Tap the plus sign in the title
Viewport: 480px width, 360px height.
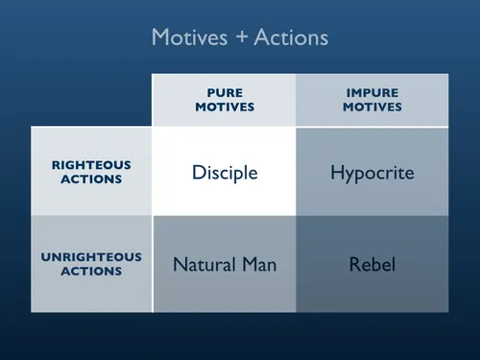(x=236, y=38)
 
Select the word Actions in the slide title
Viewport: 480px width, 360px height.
(x=288, y=37)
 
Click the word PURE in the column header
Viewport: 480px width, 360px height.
(x=225, y=93)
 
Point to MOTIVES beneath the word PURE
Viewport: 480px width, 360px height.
(x=225, y=107)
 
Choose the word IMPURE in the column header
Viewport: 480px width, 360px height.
(x=372, y=93)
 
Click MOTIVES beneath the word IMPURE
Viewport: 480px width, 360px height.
(x=372, y=107)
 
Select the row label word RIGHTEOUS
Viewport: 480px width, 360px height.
(x=91, y=164)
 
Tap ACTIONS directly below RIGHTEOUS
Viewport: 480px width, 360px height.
(x=91, y=179)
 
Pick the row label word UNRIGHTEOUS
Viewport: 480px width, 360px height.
(x=91, y=257)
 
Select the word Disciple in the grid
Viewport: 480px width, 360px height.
(x=225, y=173)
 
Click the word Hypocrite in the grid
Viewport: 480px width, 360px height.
(x=372, y=173)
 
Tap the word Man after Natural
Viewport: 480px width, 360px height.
(x=257, y=264)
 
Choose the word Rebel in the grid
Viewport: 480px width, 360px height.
(x=372, y=264)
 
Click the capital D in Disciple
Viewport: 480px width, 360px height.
(x=198, y=173)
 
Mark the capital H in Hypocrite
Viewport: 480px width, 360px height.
(x=336, y=173)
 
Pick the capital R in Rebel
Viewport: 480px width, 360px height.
(x=353, y=264)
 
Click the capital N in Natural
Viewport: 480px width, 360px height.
(x=179, y=264)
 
